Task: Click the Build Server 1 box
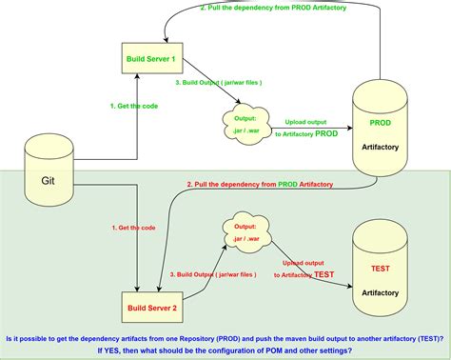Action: (151, 58)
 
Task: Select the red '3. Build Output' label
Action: (213, 274)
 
